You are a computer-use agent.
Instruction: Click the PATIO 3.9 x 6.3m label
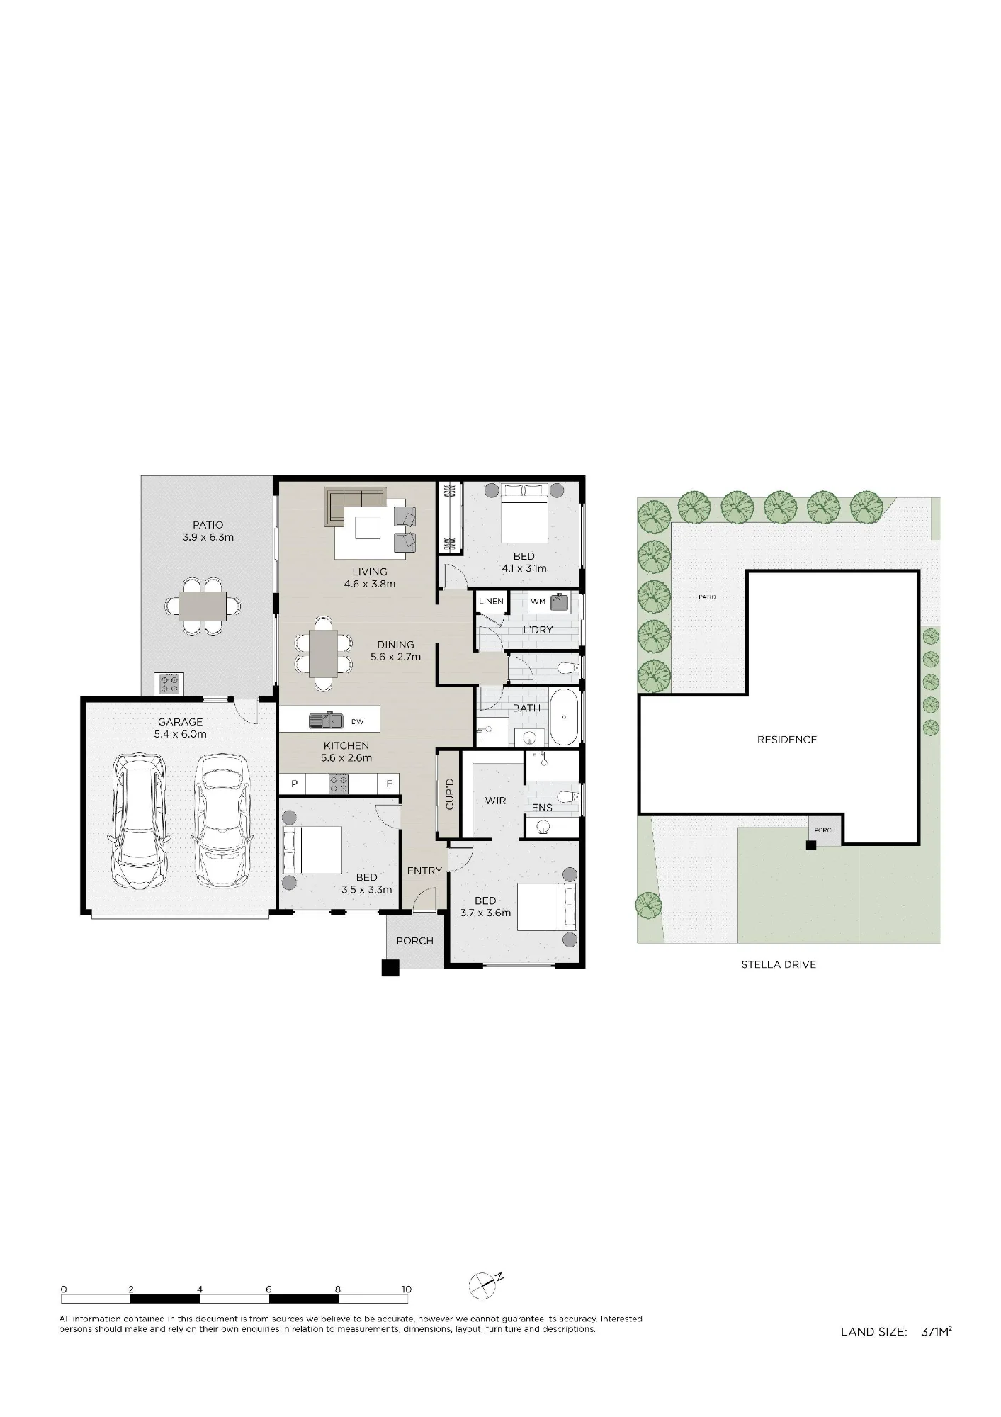pos(208,531)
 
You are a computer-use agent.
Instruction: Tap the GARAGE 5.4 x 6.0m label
pos(181,728)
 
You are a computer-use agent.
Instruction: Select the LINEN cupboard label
pos(491,602)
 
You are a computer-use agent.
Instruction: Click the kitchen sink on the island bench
pos(326,721)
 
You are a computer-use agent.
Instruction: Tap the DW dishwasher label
pos(357,722)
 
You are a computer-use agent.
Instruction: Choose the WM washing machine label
pos(538,602)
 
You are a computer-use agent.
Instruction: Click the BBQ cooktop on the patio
pos(170,684)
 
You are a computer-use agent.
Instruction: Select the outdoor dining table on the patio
pos(203,606)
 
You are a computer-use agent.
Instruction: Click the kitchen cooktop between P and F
pos(339,784)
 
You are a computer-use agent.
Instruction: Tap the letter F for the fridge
pos(389,784)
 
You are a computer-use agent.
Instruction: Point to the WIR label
pos(495,801)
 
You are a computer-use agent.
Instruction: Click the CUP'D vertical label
pos(449,794)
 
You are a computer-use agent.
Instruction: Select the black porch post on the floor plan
pos(390,968)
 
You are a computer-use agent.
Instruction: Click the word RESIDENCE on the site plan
pos(787,740)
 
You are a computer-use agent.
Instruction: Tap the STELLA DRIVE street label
pos(779,964)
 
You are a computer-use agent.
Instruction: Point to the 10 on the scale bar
pos(407,1289)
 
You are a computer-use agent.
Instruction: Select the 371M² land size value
pos(937,1331)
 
